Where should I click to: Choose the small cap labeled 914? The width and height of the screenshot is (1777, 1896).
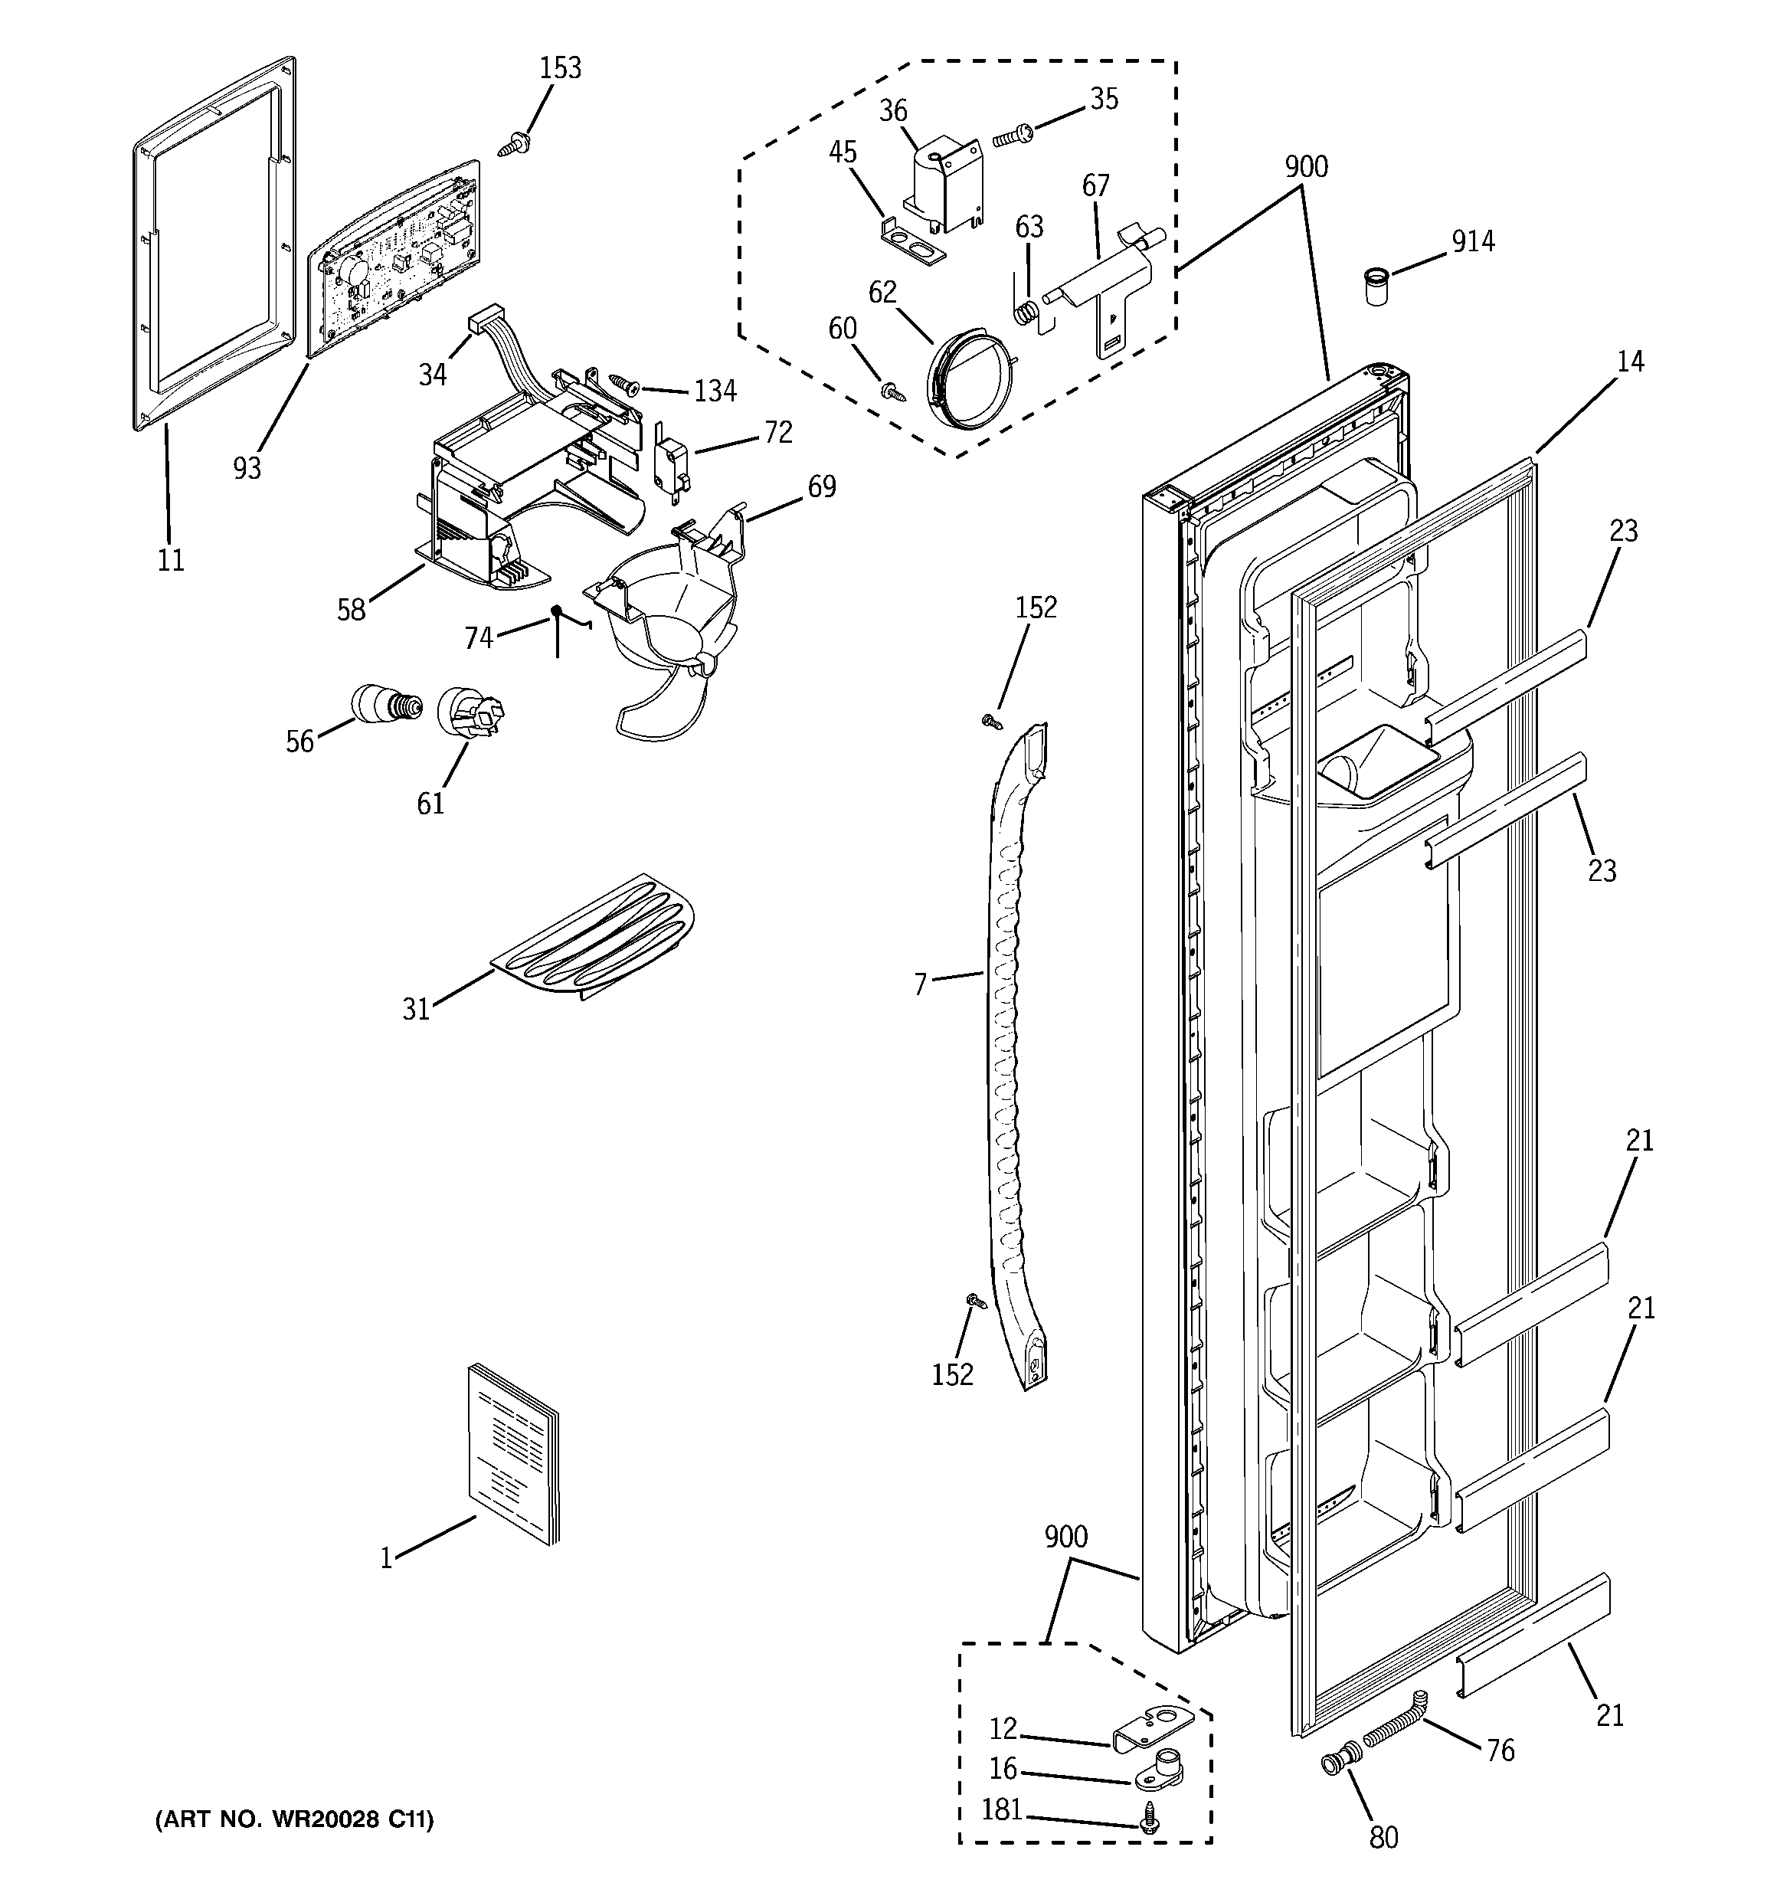click(x=1374, y=286)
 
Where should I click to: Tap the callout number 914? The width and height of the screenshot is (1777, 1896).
click(x=1473, y=242)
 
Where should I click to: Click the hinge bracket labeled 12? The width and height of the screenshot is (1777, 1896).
click(x=1154, y=1727)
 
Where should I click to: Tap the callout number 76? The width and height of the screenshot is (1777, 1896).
click(x=1500, y=1751)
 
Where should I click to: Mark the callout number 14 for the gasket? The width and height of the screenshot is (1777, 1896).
click(x=1630, y=362)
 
